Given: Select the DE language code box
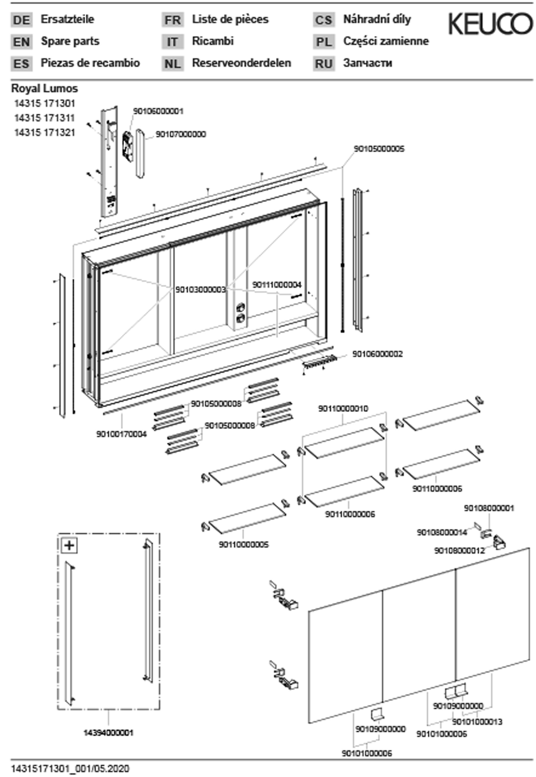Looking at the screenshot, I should (x=21, y=20).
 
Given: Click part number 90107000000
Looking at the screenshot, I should (x=181, y=134).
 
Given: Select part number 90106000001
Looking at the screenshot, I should (x=158, y=111).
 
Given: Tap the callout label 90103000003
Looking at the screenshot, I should (x=200, y=290).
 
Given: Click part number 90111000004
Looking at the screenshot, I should (x=277, y=285).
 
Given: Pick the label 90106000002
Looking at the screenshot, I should (x=377, y=354).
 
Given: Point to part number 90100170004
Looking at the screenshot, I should (x=122, y=434).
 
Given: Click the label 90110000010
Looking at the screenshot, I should (x=343, y=409).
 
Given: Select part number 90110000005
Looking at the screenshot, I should (x=244, y=545).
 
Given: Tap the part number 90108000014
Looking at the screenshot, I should (x=442, y=533).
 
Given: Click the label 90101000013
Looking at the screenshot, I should (x=477, y=722).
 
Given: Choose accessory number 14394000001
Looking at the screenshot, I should (x=108, y=733).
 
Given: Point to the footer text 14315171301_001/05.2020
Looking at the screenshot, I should (x=70, y=769).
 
